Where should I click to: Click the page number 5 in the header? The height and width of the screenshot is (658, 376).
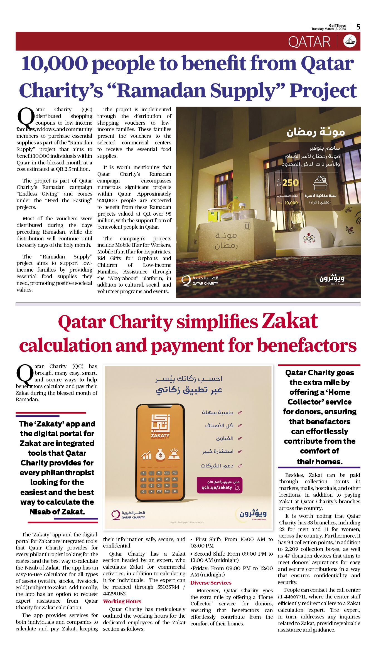[x=358, y=27]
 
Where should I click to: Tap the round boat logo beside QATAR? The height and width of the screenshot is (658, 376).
[x=350, y=41]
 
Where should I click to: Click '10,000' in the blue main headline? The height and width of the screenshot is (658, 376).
[x=55, y=63]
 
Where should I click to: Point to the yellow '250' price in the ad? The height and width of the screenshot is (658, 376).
[x=290, y=183]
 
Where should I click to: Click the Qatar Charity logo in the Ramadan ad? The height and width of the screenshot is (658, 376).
[x=200, y=280]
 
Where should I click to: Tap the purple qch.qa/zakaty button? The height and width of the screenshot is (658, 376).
[x=220, y=485]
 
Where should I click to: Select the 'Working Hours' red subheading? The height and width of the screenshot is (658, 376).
[x=122, y=601]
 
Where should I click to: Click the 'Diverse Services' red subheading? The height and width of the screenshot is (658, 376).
[x=211, y=583]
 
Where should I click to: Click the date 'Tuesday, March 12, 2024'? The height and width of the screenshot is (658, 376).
[x=328, y=29]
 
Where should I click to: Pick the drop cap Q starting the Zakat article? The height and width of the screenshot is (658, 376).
[x=25, y=375]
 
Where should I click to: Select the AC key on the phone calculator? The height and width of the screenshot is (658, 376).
[x=175, y=473]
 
